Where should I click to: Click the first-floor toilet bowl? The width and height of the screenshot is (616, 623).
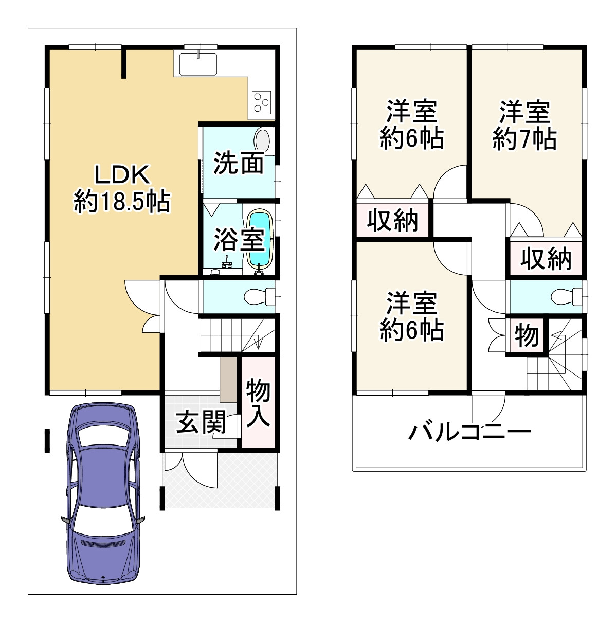256,297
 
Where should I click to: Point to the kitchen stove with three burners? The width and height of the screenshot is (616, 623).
262,101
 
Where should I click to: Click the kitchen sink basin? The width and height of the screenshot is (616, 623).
199,64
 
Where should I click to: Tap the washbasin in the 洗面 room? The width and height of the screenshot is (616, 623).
262,140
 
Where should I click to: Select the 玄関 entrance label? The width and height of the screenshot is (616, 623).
201,422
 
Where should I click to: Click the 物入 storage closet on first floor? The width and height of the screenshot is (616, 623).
258,402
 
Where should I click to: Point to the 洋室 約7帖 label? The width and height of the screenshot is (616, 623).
524,126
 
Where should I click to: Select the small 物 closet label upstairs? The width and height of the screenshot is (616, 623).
527,336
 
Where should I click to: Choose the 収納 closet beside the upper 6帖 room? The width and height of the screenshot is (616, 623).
393,220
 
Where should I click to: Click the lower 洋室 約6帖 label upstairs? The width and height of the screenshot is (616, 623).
411,316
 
